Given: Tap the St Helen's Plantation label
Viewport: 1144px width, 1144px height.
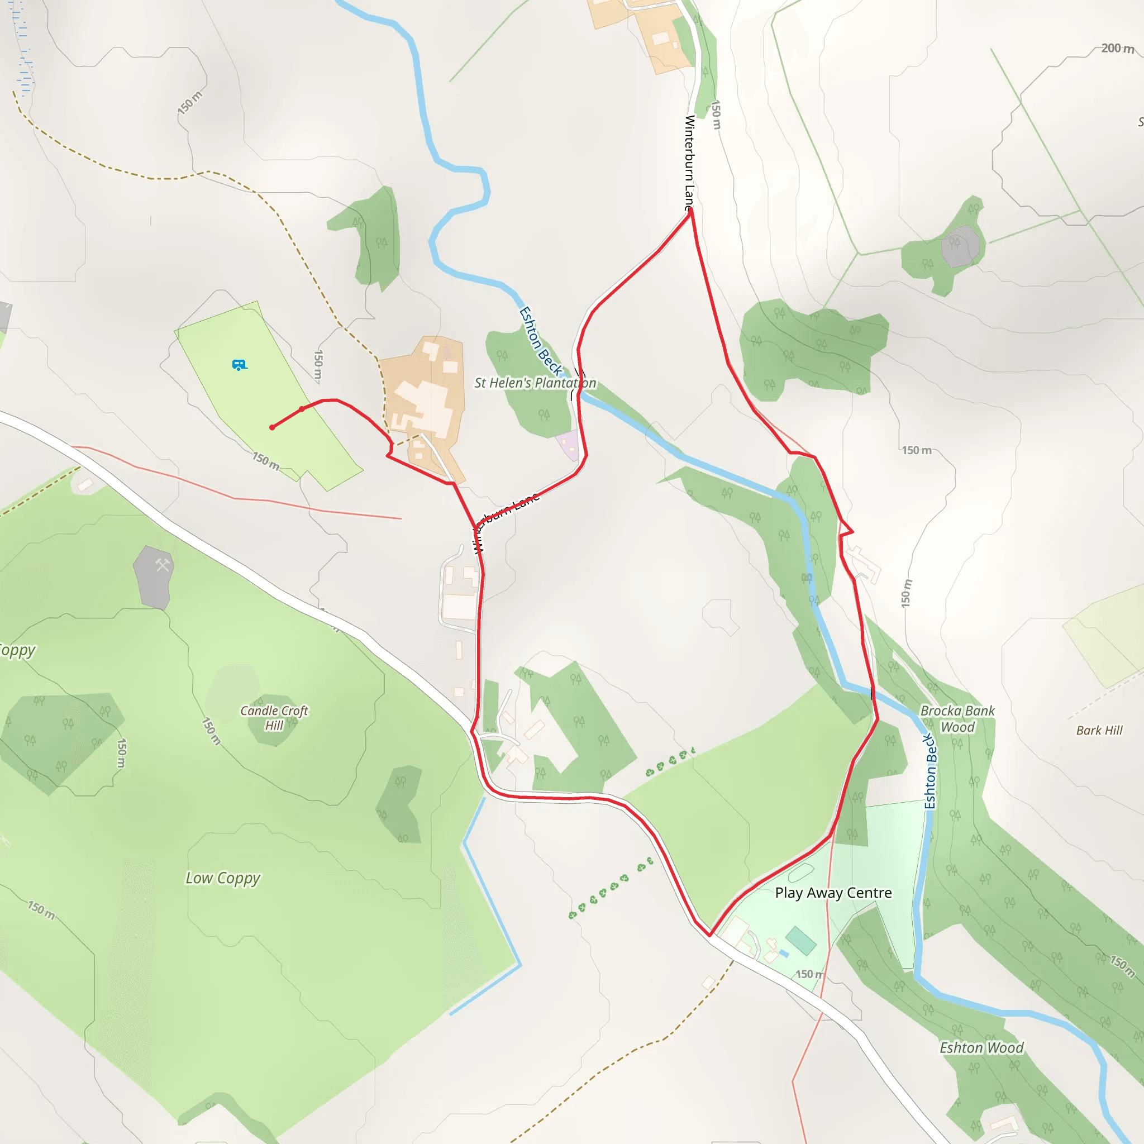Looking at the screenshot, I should pos(535,383).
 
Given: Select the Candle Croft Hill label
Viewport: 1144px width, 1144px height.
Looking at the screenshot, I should pos(274,718).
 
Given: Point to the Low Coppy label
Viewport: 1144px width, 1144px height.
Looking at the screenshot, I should pos(223,878).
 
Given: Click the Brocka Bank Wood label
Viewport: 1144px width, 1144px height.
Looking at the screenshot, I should pos(957,718).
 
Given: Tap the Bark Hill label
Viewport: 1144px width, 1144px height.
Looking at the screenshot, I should pos(1099,730).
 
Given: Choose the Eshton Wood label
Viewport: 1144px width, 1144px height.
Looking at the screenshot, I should pos(981,1047).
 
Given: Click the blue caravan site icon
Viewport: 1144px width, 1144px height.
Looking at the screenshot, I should pos(239,365).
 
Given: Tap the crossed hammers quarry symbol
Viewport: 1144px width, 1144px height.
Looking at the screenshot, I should pos(162,565).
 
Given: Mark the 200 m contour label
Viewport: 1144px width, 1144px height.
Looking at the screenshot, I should pos(1117,49).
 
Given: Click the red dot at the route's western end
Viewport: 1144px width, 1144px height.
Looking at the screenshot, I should pos(273,427).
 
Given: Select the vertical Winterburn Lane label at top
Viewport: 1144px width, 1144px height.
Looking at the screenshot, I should pos(689,163).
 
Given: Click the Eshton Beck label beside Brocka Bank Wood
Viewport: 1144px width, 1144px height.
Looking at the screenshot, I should pos(930,771).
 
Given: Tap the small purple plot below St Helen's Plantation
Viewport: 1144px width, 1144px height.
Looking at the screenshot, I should pos(569,444).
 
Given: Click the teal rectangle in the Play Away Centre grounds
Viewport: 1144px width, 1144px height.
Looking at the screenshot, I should pos(800,940).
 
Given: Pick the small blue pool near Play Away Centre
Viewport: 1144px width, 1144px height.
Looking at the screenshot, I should pos(784,954).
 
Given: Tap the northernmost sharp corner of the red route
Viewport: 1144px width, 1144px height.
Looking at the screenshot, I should pos(690,210).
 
